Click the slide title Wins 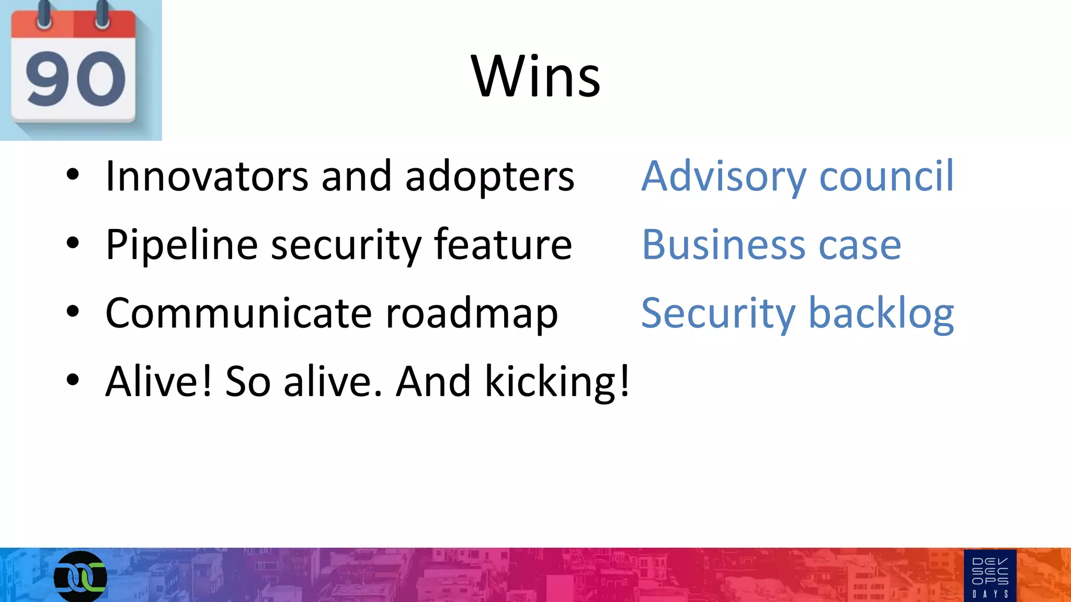click(535, 77)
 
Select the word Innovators click(207, 176)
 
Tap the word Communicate click(238, 313)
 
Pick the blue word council click(886, 176)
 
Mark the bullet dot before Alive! click(73, 380)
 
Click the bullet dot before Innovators click(73, 175)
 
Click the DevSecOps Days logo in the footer click(990, 575)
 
